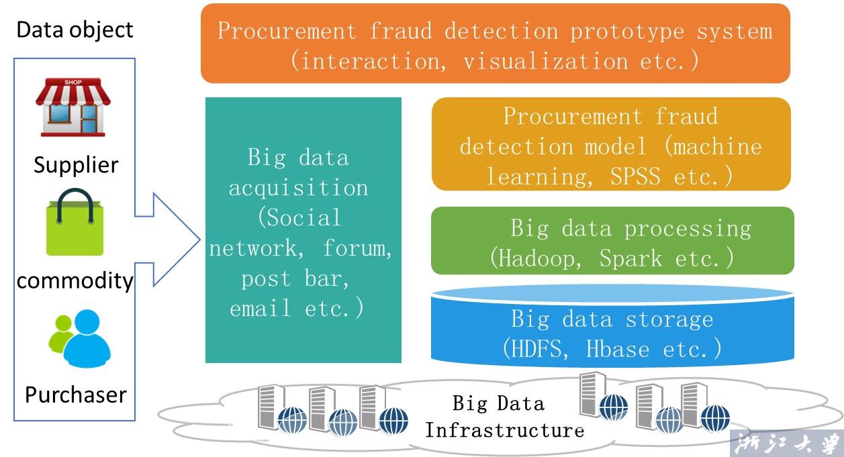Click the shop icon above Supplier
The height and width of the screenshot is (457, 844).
[73, 107]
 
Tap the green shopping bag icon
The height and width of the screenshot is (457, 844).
[75, 222]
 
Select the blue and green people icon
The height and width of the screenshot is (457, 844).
[79, 338]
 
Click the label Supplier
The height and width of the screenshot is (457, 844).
[76, 165]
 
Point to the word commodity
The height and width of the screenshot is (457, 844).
[75, 281]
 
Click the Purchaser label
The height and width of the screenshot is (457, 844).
[76, 395]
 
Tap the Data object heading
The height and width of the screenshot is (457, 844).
[75, 30]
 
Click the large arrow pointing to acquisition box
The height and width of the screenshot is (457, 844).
[168, 240]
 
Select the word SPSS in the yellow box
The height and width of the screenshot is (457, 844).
[635, 176]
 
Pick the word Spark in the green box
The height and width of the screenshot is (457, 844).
[630, 258]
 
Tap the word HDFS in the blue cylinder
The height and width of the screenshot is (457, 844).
[536, 348]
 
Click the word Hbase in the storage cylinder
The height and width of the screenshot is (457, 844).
[618, 349]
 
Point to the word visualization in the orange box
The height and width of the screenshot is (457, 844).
[546, 61]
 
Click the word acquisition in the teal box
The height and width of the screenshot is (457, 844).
[298, 188]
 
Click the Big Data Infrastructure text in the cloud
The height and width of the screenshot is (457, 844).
[504, 417]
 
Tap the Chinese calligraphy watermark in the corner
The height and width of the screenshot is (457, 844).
[786, 444]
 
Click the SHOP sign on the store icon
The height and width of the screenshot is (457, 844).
[73, 82]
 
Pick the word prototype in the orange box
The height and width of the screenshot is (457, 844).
[627, 32]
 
